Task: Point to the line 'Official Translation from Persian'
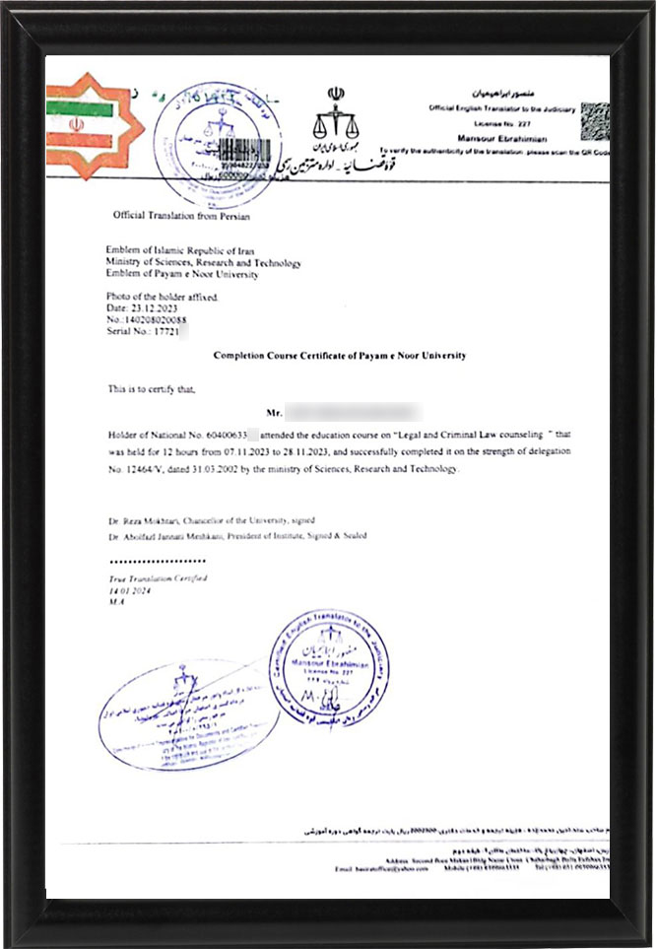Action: click(181, 215)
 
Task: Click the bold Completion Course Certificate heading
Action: click(340, 356)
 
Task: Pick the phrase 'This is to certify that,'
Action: click(152, 389)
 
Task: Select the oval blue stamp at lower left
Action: click(187, 712)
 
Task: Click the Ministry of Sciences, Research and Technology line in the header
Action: click(204, 263)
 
